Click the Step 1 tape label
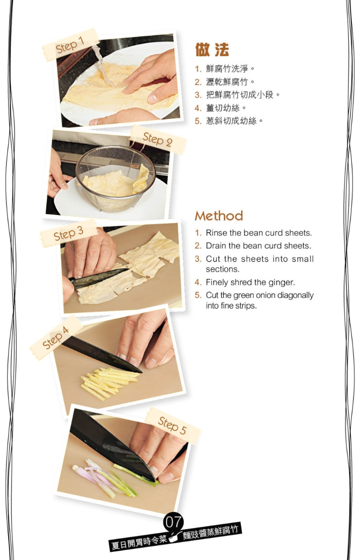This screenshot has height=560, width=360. point(71,45)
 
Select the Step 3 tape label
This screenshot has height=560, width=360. point(69,233)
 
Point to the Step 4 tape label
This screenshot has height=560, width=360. point(56,337)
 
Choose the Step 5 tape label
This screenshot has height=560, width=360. point(173,426)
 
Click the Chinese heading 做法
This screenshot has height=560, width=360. point(212,50)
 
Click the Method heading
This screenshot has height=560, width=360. point(219,216)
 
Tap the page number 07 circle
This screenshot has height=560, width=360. point(173,522)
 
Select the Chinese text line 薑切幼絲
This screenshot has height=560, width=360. point(225,108)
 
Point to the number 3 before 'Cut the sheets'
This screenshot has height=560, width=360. point(198,259)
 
